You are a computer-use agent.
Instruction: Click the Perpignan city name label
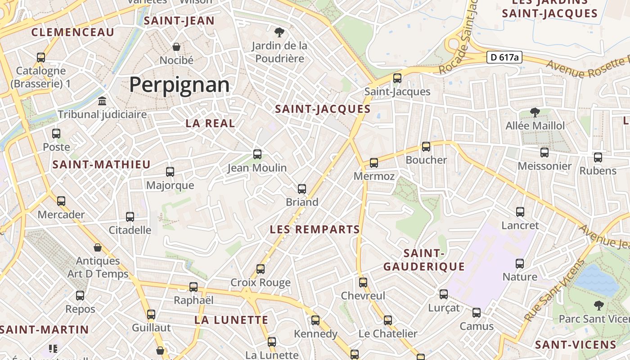[179, 85]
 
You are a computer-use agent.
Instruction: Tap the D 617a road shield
[504, 57]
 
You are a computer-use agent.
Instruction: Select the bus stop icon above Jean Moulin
[257, 154]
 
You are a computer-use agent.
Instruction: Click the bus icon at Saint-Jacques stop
[397, 78]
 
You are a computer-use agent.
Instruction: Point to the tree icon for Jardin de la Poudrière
[279, 32]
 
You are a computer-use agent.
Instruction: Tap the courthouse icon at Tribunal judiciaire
[102, 101]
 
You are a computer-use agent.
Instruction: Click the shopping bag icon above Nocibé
[176, 47]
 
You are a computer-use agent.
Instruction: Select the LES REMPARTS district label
[315, 229]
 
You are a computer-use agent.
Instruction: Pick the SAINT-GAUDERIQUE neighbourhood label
[424, 260]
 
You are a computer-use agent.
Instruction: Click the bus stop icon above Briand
[302, 189]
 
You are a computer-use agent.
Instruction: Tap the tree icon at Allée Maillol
[535, 112]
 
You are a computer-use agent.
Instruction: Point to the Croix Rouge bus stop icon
[261, 269]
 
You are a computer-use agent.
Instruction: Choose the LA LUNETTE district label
[231, 320]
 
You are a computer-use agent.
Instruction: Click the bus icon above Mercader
[61, 201]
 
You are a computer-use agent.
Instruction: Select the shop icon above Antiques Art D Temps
[98, 247]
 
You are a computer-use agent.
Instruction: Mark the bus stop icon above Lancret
[520, 212]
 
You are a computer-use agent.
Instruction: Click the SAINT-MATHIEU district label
[101, 165]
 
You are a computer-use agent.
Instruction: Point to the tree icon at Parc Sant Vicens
[598, 306]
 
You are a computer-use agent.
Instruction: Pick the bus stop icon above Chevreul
[363, 283]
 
